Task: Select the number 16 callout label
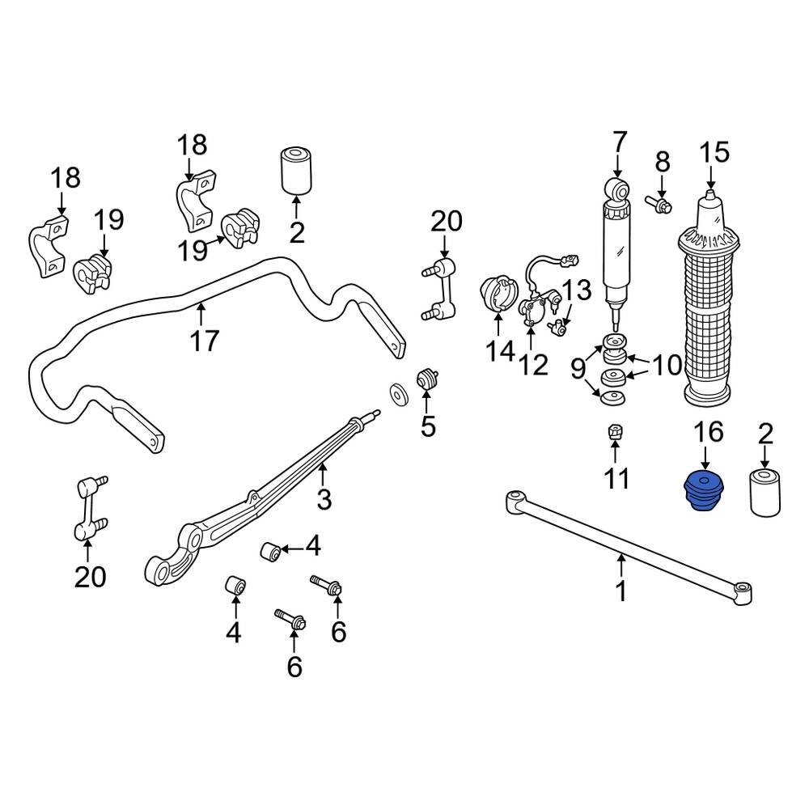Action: [708, 432]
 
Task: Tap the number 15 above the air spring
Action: [714, 152]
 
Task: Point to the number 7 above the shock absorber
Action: [619, 142]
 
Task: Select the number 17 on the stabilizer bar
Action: [205, 341]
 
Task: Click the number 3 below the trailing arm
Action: [324, 499]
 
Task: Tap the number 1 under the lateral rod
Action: [621, 591]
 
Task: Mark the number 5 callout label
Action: [428, 426]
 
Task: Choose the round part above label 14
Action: [496, 295]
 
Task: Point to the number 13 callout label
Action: [578, 290]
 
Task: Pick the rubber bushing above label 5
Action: [426, 379]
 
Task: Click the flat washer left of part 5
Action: [398, 392]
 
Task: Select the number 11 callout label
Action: [617, 478]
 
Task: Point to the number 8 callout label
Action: [663, 162]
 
